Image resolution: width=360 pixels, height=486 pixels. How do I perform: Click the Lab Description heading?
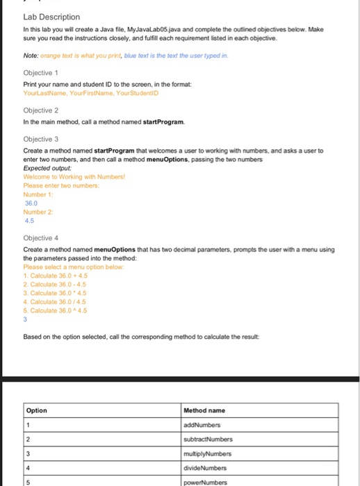pos(51,17)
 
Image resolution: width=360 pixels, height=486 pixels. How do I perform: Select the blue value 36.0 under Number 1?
pos(31,203)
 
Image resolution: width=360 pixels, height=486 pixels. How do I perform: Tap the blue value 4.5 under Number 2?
pos(29,220)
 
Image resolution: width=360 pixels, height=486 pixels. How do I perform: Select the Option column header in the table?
pos(36,410)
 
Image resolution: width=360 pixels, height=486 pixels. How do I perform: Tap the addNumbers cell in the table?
pos(202,424)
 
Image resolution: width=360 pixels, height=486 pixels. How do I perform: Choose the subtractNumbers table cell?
pos(207,439)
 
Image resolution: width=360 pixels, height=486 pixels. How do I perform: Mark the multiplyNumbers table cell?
pos(206,453)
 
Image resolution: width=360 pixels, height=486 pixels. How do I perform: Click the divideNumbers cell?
pos(204,467)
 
